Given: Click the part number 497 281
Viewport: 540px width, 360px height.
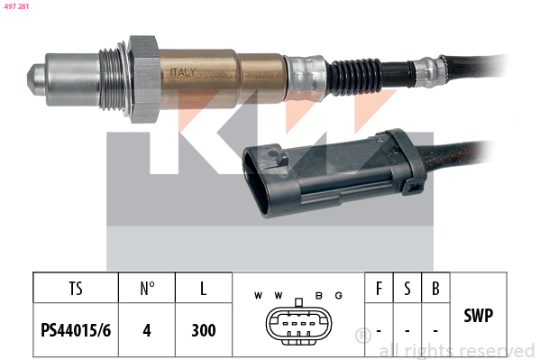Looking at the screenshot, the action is coord(16,6).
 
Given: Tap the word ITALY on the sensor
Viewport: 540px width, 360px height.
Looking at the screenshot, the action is coord(183,72).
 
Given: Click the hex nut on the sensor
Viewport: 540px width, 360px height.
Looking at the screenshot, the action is coord(143,79).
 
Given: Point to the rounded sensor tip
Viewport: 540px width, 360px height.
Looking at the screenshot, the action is coord(36,79).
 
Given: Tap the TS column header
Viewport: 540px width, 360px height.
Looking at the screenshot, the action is coord(76,289).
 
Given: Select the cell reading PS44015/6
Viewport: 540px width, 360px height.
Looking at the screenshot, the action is coord(76,330).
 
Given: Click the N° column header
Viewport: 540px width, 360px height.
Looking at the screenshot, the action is coord(147,289).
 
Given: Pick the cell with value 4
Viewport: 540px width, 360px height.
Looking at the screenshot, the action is coord(147,330).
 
